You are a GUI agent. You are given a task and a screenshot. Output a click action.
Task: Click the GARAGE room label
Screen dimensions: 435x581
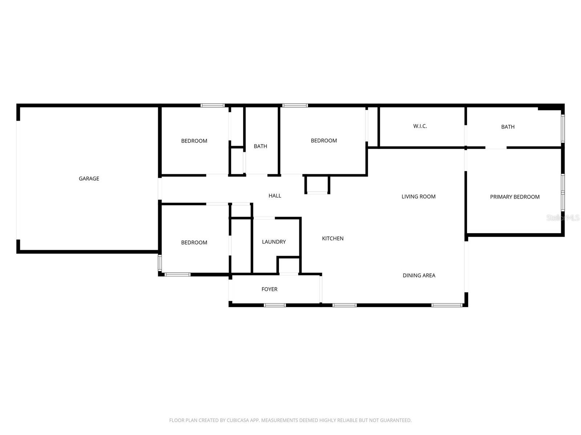point(89,178)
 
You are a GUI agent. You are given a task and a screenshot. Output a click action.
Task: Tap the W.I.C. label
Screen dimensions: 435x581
point(420,126)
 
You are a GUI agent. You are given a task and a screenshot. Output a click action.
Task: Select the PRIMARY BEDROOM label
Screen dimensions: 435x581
point(515,197)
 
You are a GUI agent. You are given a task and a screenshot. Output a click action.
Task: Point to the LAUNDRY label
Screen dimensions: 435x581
point(274,242)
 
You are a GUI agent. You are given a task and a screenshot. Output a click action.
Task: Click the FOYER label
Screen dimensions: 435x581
point(269,289)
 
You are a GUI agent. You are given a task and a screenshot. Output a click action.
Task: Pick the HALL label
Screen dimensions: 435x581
point(275,196)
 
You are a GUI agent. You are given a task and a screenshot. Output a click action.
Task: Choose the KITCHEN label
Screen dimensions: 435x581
point(333,239)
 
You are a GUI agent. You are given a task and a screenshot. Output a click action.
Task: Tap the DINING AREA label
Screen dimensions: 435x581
point(419,275)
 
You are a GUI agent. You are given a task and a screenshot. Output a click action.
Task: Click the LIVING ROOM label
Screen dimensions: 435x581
point(418,196)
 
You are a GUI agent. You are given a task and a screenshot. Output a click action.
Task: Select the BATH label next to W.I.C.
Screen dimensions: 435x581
point(508,127)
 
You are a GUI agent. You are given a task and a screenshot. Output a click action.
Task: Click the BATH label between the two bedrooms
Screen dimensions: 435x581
point(260,146)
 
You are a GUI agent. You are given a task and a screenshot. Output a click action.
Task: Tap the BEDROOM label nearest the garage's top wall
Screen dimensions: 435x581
point(194,141)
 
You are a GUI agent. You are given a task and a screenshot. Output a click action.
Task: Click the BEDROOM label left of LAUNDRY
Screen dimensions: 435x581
point(194,243)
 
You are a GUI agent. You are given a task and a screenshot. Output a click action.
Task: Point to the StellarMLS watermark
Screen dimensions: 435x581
point(563,217)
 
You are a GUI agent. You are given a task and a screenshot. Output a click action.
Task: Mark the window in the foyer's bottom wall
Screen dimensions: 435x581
point(275,305)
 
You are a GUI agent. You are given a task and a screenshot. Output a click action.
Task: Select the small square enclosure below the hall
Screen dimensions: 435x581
point(317,185)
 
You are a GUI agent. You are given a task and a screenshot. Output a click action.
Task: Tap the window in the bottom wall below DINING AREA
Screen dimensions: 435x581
point(447,305)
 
